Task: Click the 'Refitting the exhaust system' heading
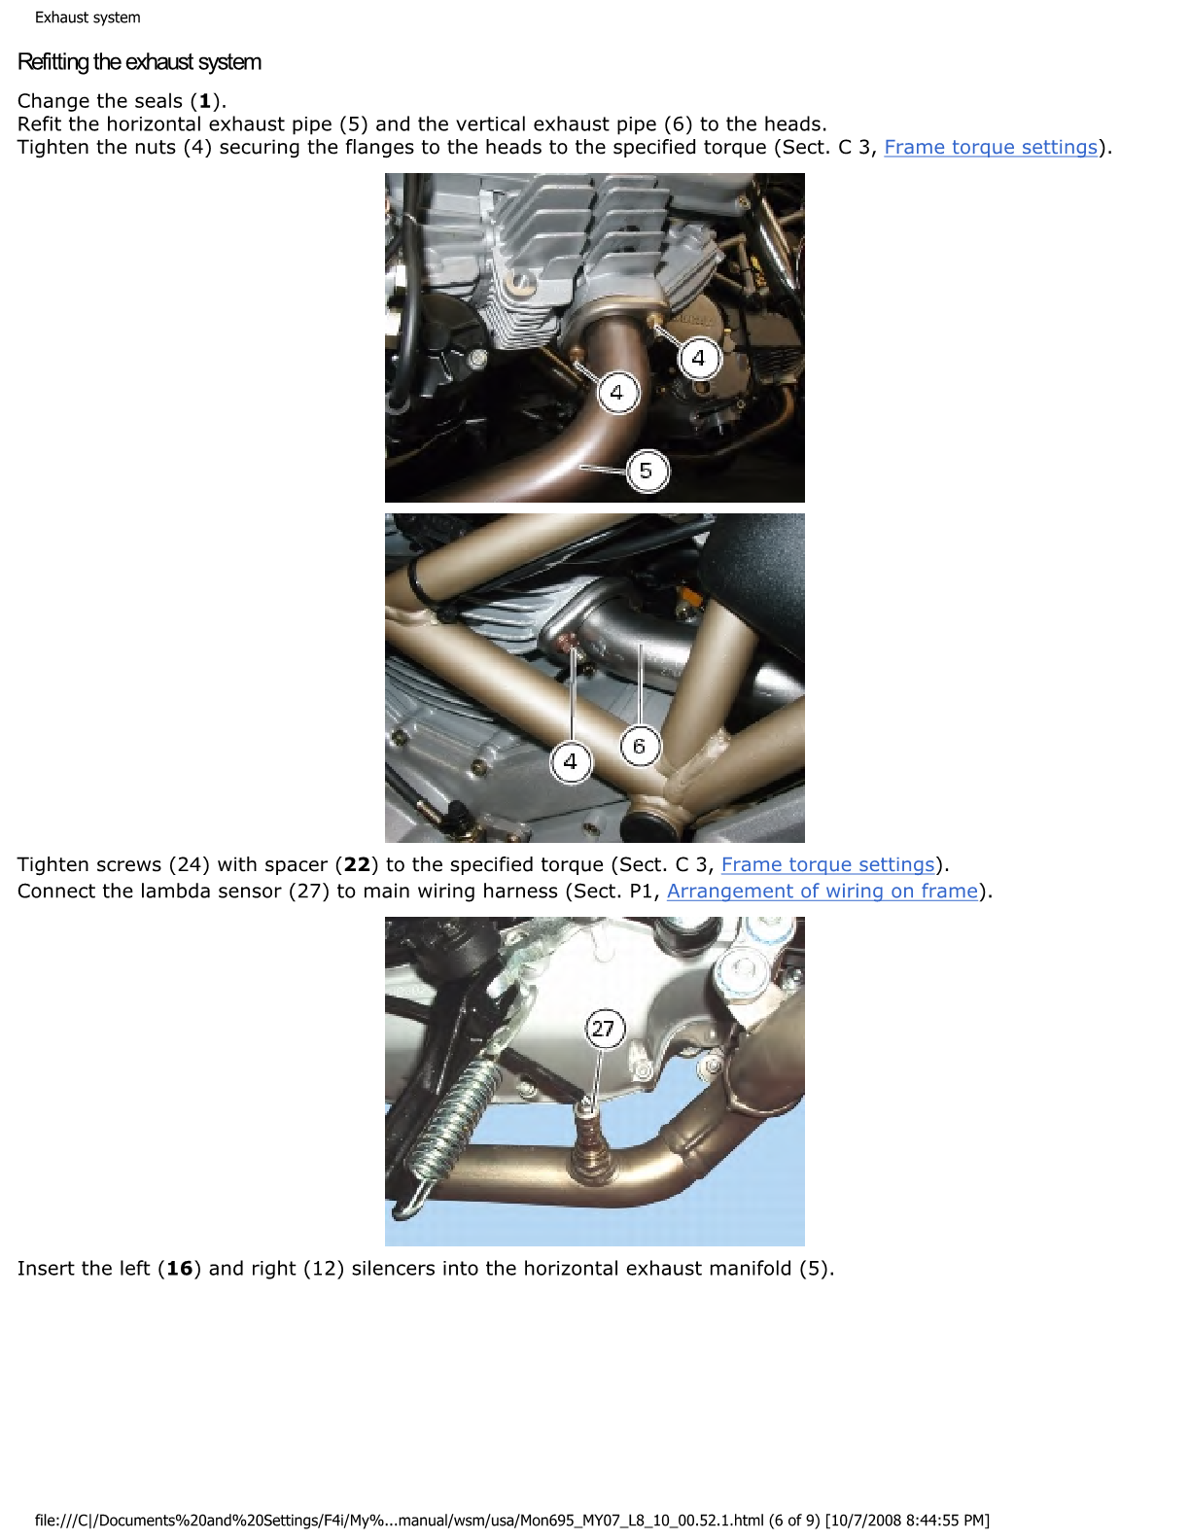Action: click(x=139, y=62)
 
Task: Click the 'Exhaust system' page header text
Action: click(x=87, y=17)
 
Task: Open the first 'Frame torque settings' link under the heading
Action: click(x=990, y=148)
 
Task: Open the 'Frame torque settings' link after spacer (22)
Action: click(x=827, y=864)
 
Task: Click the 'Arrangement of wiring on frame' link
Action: click(x=822, y=891)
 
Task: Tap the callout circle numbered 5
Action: click(x=646, y=471)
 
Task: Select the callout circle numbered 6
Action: click(x=640, y=746)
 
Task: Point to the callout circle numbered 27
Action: click(x=604, y=1029)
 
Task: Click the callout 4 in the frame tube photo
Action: click(x=571, y=762)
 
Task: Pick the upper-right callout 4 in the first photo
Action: click(x=699, y=359)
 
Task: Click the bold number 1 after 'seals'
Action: click(x=205, y=101)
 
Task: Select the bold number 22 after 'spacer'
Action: click(x=357, y=864)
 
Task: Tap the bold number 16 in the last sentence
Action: click(x=179, y=1269)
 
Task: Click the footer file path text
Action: click(x=511, y=1521)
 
